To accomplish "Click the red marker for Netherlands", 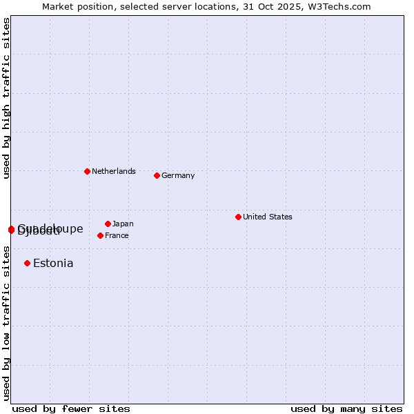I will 87,171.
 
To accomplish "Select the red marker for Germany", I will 157,175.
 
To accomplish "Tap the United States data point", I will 238,217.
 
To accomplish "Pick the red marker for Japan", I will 108,224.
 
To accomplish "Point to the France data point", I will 100,235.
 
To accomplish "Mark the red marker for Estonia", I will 27,263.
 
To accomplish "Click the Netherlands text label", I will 113,171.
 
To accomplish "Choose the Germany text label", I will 178,175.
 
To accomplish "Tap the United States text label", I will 267,217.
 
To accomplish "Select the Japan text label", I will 123,224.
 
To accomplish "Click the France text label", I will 117,235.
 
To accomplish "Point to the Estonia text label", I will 53,263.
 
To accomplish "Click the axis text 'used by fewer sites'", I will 71,408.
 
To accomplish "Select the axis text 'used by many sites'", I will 346,408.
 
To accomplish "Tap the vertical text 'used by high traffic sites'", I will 6,98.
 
